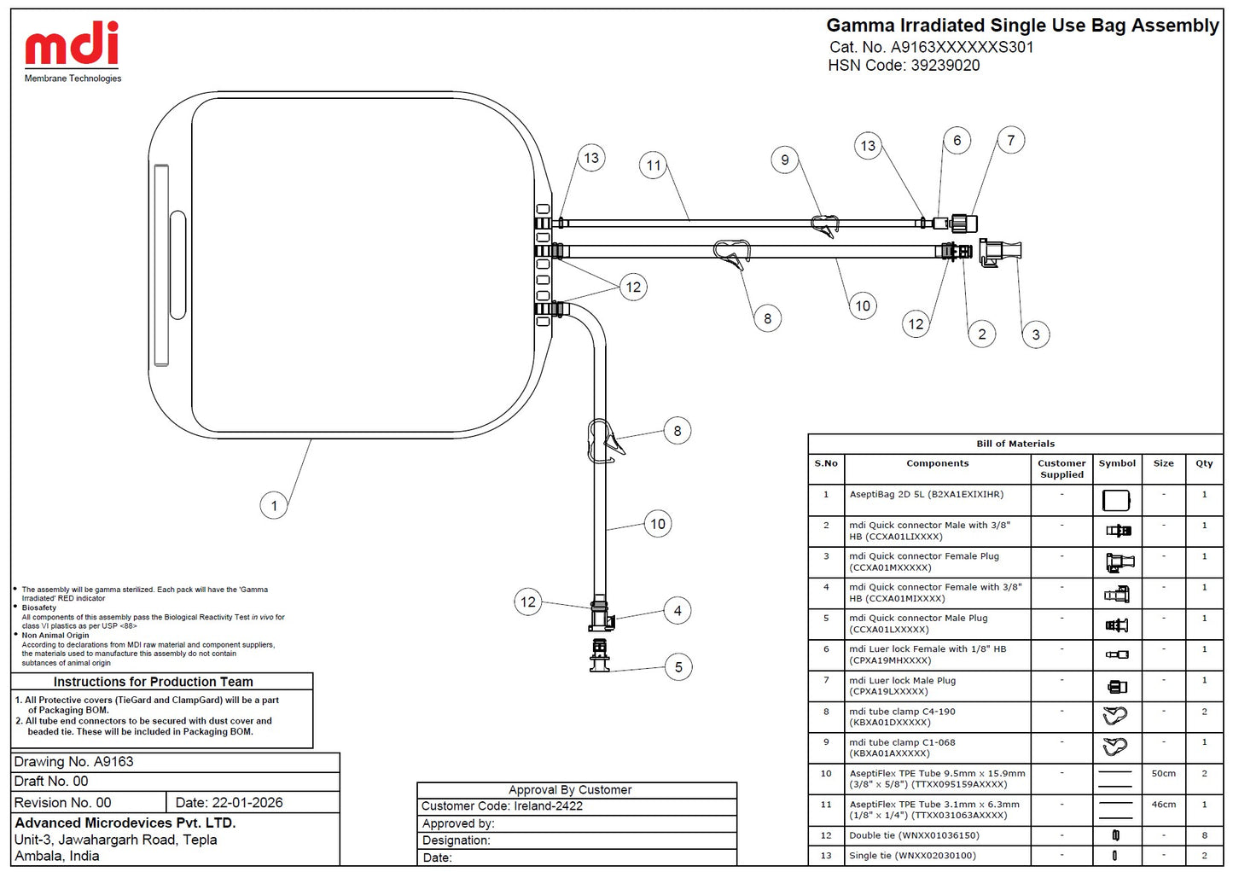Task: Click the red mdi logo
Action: point(73,44)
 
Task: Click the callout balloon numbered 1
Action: point(274,505)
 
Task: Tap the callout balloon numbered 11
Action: point(654,166)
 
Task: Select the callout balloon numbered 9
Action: point(785,160)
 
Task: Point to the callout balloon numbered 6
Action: point(957,141)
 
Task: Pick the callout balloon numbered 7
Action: point(1010,140)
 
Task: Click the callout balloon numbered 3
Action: point(1035,334)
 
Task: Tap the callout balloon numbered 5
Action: point(678,666)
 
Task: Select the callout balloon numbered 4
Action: point(678,610)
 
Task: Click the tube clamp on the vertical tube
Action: point(604,441)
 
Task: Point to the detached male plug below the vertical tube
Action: point(600,655)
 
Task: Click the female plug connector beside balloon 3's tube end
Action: point(1000,253)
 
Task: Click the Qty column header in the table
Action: point(1204,463)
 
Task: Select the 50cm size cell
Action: point(1163,774)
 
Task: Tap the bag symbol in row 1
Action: point(1116,501)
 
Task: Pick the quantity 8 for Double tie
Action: point(1204,835)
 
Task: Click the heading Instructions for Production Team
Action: point(153,682)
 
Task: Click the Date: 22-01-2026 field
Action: point(229,803)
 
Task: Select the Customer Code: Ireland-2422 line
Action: point(502,806)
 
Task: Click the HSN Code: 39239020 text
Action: point(904,66)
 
